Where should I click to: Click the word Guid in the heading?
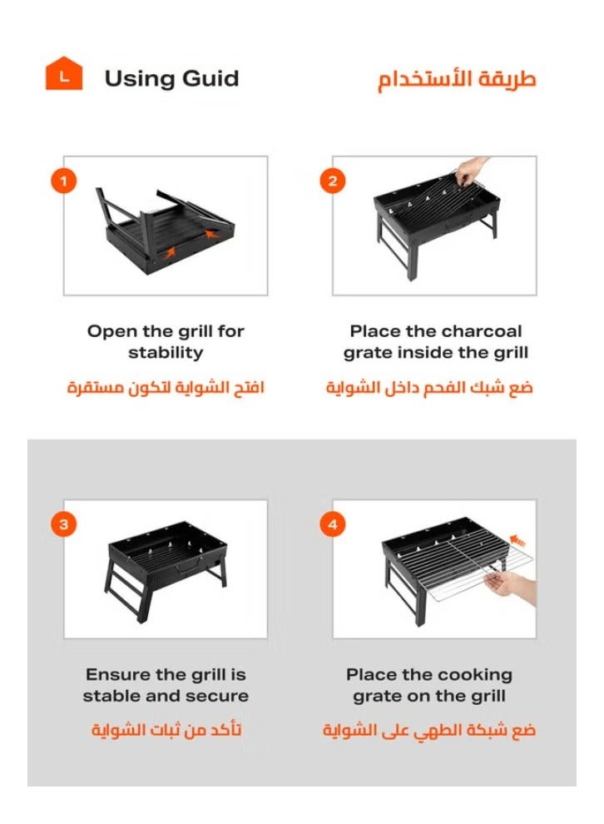[x=208, y=79]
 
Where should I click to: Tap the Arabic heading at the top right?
[x=457, y=80]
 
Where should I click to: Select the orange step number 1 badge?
[x=63, y=181]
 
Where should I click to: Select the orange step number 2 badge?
[x=333, y=181]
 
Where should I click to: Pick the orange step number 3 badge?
[x=63, y=524]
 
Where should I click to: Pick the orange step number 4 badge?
[x=333, y=524]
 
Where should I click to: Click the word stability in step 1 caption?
[x=166, y=353]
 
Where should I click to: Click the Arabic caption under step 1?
[x=166, y=388]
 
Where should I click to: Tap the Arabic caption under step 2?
[x=429, y=388]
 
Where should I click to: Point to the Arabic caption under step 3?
[x=166, y=731]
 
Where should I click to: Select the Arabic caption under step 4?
[x=429, y=731]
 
